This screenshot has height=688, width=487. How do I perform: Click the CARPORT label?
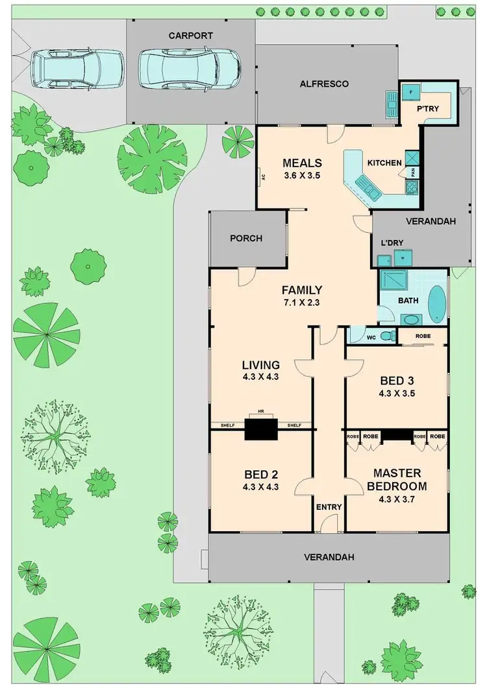pyautogui.click(x=191, y=36)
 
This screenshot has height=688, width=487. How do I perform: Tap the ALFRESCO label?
pyautogui.click(x=325, y=84)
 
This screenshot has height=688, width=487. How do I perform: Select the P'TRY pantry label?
pyautogui.click(x=429, y=109)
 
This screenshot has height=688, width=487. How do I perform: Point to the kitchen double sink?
pyautogui.click(x=371, y=190)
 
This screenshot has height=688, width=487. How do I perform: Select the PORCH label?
pyautogui.click(x=246, y=238)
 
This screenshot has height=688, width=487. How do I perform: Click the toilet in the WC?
pyautogui.click(x=387, y=336)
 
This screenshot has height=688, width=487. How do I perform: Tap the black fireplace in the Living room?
pyautogui.click(x=260, y=429)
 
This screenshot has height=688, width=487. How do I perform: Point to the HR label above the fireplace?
pyautogui.click(x=260, y=412)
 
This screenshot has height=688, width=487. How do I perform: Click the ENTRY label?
pyautogui.click(x=329, y=507)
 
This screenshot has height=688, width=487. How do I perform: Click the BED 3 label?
pyautogui.click(x=396, y=379)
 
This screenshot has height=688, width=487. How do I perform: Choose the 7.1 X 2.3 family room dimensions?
pyautogui.click(x=301, y=303)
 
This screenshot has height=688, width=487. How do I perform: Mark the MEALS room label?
pyautogui.click(x=302, y=162)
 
